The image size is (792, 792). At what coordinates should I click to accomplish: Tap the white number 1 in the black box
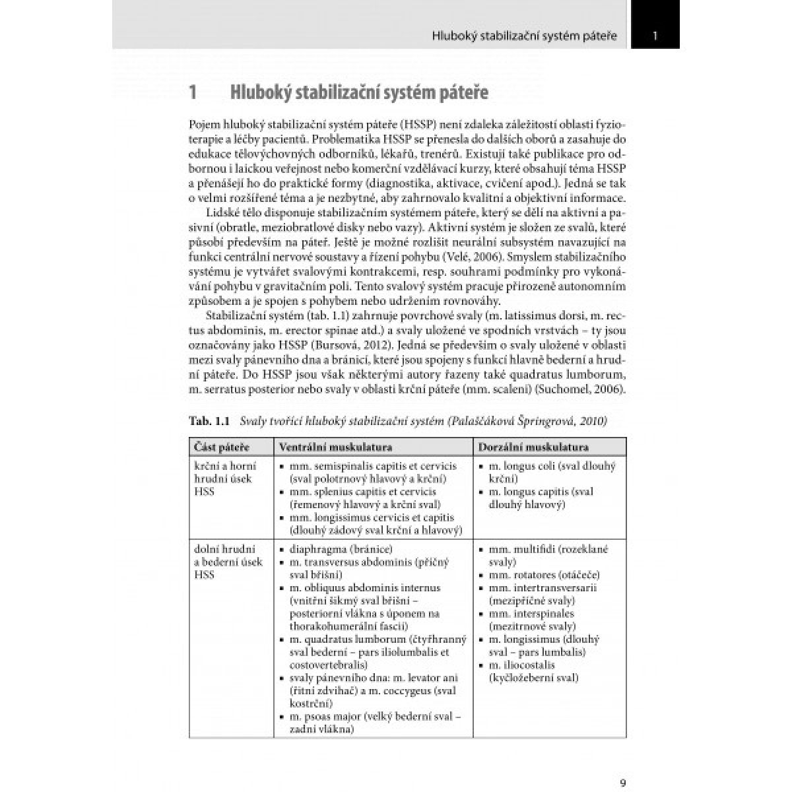tap(655, 36)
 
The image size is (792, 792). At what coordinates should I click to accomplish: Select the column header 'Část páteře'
tap(222, 447)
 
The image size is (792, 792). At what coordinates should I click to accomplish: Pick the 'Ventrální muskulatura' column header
tap(336, 447)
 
